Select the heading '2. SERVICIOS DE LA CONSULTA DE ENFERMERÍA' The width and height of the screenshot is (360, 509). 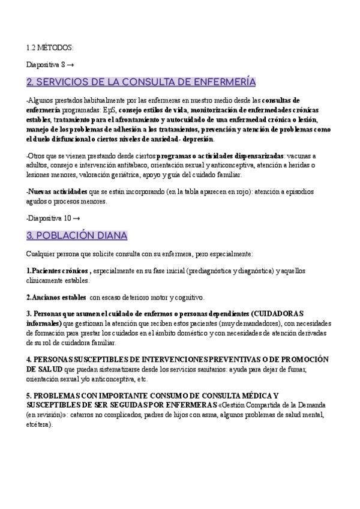coord(141,82)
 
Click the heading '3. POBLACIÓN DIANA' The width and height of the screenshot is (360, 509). coord(77,235)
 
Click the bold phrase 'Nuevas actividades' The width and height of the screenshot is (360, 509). coord(58,191)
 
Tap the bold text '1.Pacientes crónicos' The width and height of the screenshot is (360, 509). coord(58,271)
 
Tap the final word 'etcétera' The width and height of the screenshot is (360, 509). coord(40,424)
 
